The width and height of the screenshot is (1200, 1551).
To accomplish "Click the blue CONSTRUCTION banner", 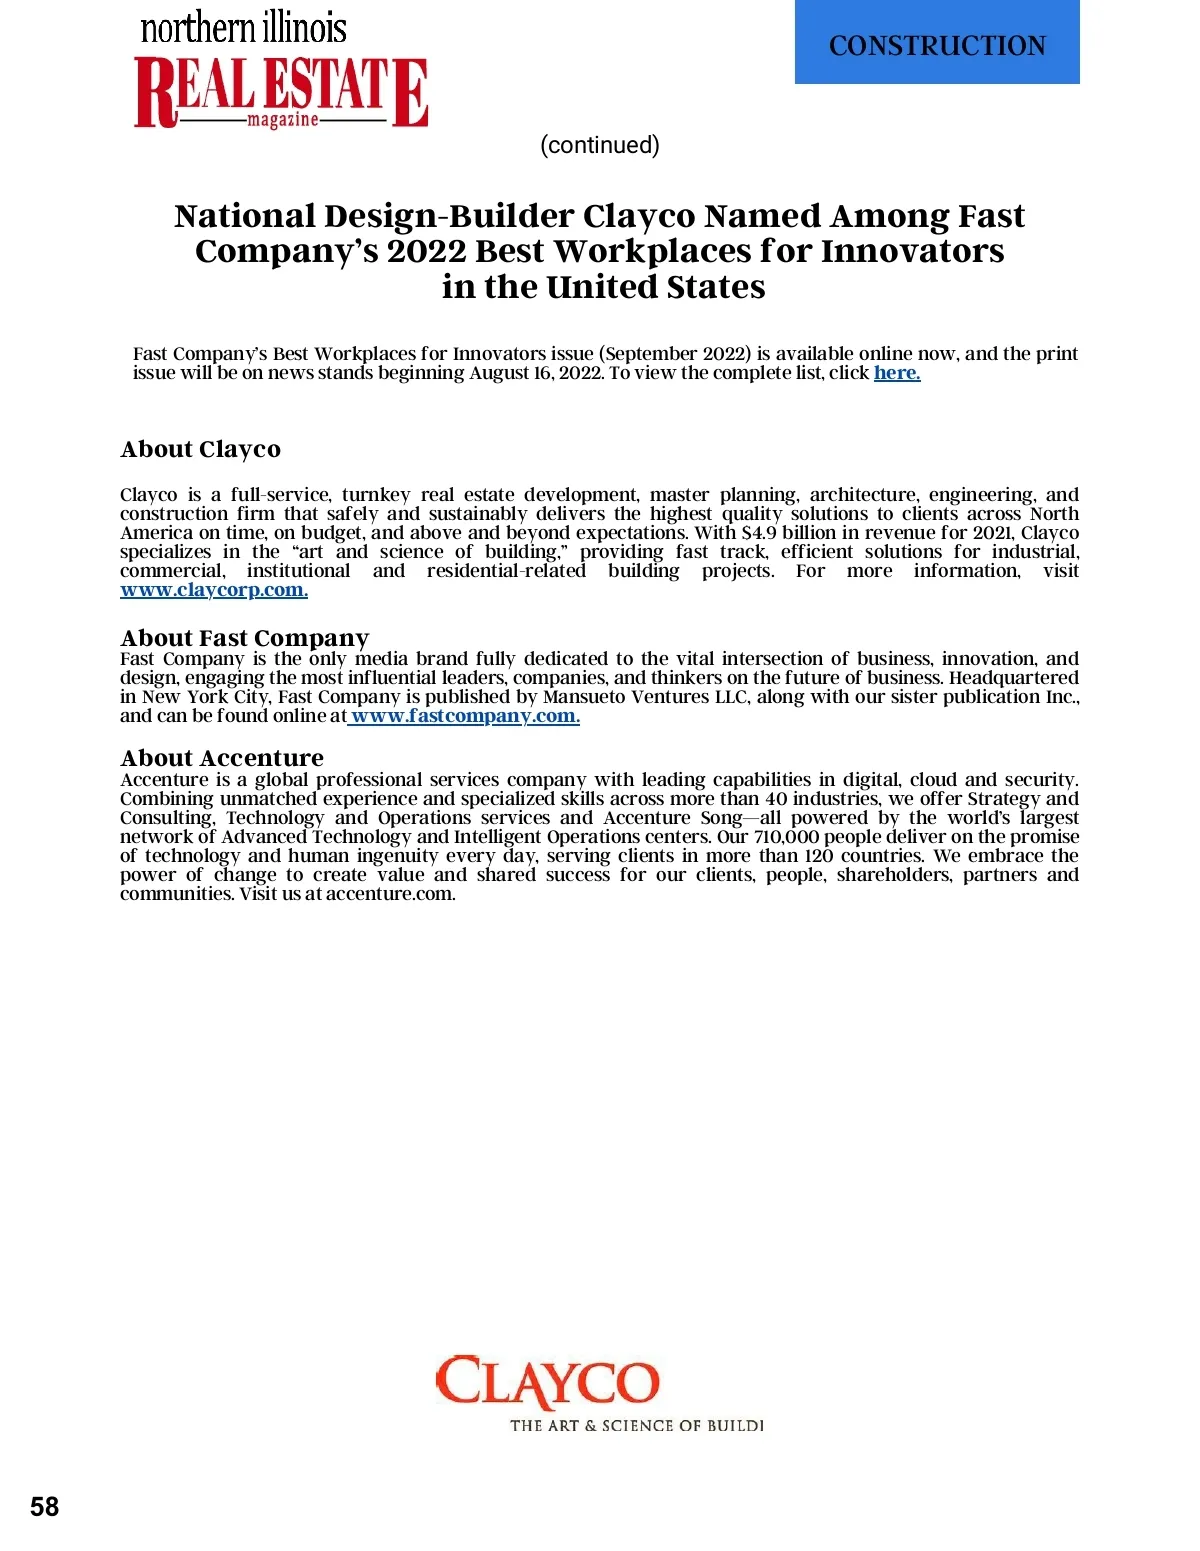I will pos(937,42).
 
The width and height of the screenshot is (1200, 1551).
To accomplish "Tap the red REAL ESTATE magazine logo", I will pos(281,92).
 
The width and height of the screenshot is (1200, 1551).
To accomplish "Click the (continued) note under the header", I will pos(599,145).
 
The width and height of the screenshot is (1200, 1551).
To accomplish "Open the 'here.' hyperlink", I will pos(897,373).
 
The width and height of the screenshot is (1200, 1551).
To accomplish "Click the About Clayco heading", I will pos(200,449).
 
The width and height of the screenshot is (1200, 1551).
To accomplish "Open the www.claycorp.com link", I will pos(213,590).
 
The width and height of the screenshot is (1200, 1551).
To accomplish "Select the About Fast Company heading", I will pos(245,638).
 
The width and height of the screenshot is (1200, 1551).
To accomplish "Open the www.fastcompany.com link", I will pos(465,716).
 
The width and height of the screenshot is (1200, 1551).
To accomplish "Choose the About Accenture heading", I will pos(222,758).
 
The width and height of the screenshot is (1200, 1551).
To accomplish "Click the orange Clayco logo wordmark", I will pos(547,1383).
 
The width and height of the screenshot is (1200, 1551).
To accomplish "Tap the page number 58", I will pos(45,1507).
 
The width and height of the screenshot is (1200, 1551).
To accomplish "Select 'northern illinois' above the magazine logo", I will pos(243,27).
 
